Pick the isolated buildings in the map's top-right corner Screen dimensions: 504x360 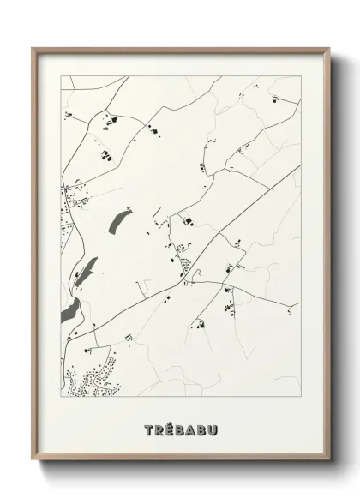pos(277,99)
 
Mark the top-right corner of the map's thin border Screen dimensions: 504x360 pos(301,75)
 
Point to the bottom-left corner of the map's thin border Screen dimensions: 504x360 pos(60,399)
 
